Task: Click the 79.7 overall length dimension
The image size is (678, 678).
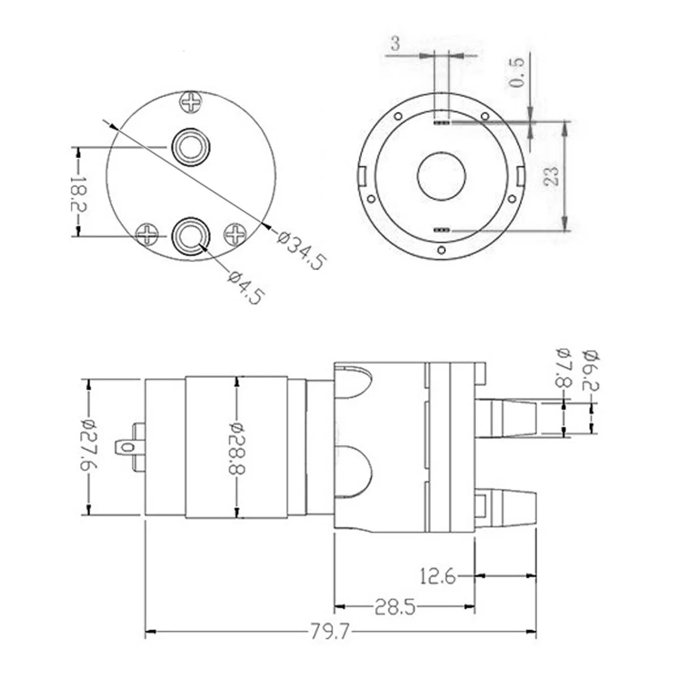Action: [329, 632]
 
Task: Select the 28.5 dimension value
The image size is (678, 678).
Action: [394, 607]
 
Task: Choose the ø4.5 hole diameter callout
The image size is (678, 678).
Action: [246, 288]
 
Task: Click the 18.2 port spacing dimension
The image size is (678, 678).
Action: [78, 193]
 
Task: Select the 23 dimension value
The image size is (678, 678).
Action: [551, 176]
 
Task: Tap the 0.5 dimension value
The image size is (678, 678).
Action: [516, 72]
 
